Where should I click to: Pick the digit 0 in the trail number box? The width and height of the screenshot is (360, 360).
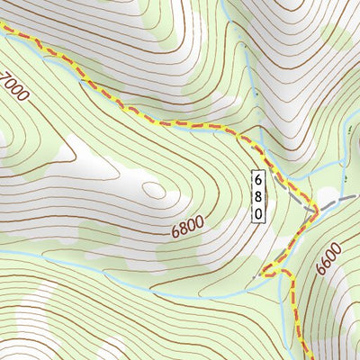click(x=257, y=213)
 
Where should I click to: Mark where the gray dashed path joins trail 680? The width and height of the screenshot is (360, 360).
click(x=313, y=209)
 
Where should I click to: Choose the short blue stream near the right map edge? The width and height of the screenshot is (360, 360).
click(x=346, y=144)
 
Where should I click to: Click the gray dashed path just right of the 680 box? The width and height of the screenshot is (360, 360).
click(x=286, y=184)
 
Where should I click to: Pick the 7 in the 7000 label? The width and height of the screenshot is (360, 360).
click(x=6, y=77)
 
